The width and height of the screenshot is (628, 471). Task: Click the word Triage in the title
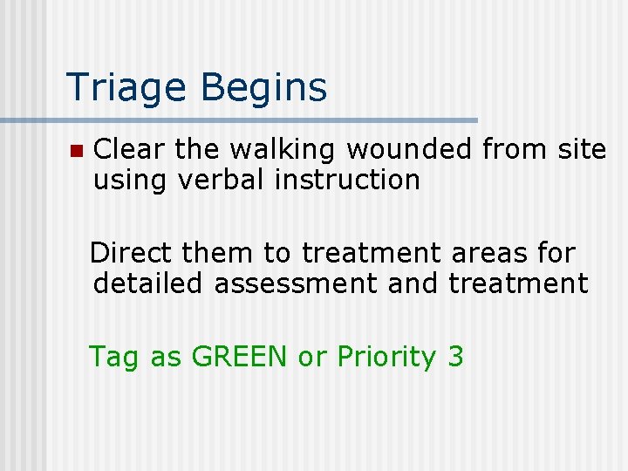click(124, 87)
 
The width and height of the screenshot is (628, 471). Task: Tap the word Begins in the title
click(263, 87)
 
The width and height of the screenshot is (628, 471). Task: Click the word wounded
click(409, 150)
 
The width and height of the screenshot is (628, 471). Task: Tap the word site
click(581, 150)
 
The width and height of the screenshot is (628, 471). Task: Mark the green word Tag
click(114, 357)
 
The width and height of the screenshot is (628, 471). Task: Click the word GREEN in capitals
click(240, 356)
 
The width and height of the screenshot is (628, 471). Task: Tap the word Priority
click(386, 357)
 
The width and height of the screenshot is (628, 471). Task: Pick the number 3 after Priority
click(455, 356)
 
